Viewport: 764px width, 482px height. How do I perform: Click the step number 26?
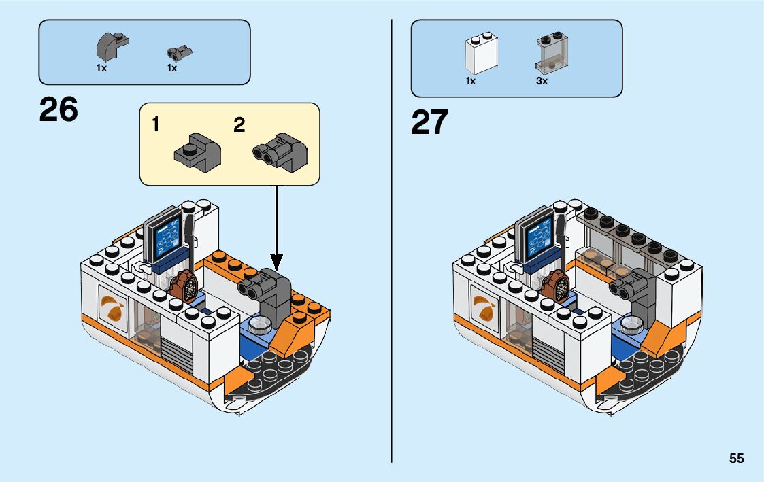[x=59, y=109]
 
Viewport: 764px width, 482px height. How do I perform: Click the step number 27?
[x=430, y=122]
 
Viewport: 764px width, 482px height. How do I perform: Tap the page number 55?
[x=736, y=458]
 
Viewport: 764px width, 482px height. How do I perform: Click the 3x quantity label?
[x=542, y=81]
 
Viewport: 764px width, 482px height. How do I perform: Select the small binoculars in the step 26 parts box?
[x=178, y=52]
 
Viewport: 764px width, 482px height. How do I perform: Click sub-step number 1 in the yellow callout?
[x=156, y=125]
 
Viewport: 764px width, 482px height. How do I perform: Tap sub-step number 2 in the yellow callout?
[x=239, y=125]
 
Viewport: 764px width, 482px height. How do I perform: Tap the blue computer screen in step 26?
[x=166, y=240]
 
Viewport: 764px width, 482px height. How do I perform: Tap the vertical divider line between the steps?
[x=392, y=238]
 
